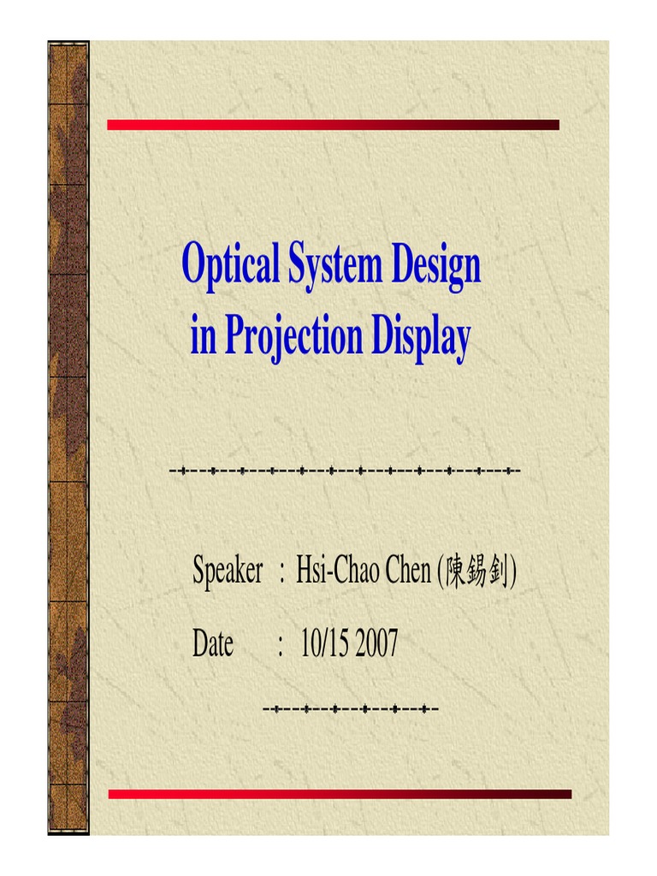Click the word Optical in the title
tap(230, 266)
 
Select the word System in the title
tap(334, 266)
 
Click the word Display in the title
tap(421, 337)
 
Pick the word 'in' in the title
tap(203, 337)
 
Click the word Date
tap(213, 643)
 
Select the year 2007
tap(376, 643)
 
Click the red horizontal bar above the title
tap(333, 125)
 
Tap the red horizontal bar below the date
tap(339, 794)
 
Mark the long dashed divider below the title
tap(345, 471)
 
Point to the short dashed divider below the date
tap(351, 709)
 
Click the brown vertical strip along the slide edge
tap(68, 436)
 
